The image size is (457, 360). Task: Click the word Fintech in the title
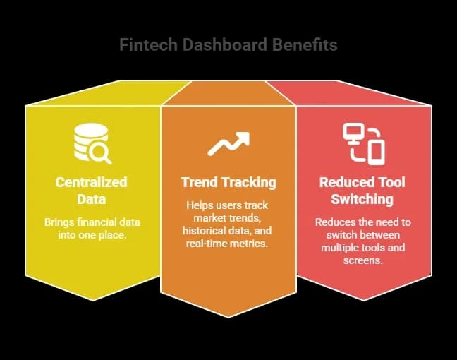coord(144,45)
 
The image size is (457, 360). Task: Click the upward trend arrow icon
coord(228,143)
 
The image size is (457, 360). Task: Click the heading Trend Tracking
coord(228,181)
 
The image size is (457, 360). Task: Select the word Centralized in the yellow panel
coord(92,181)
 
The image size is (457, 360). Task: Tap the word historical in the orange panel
coord(206,231)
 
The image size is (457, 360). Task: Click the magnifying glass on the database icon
coord(102,151)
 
